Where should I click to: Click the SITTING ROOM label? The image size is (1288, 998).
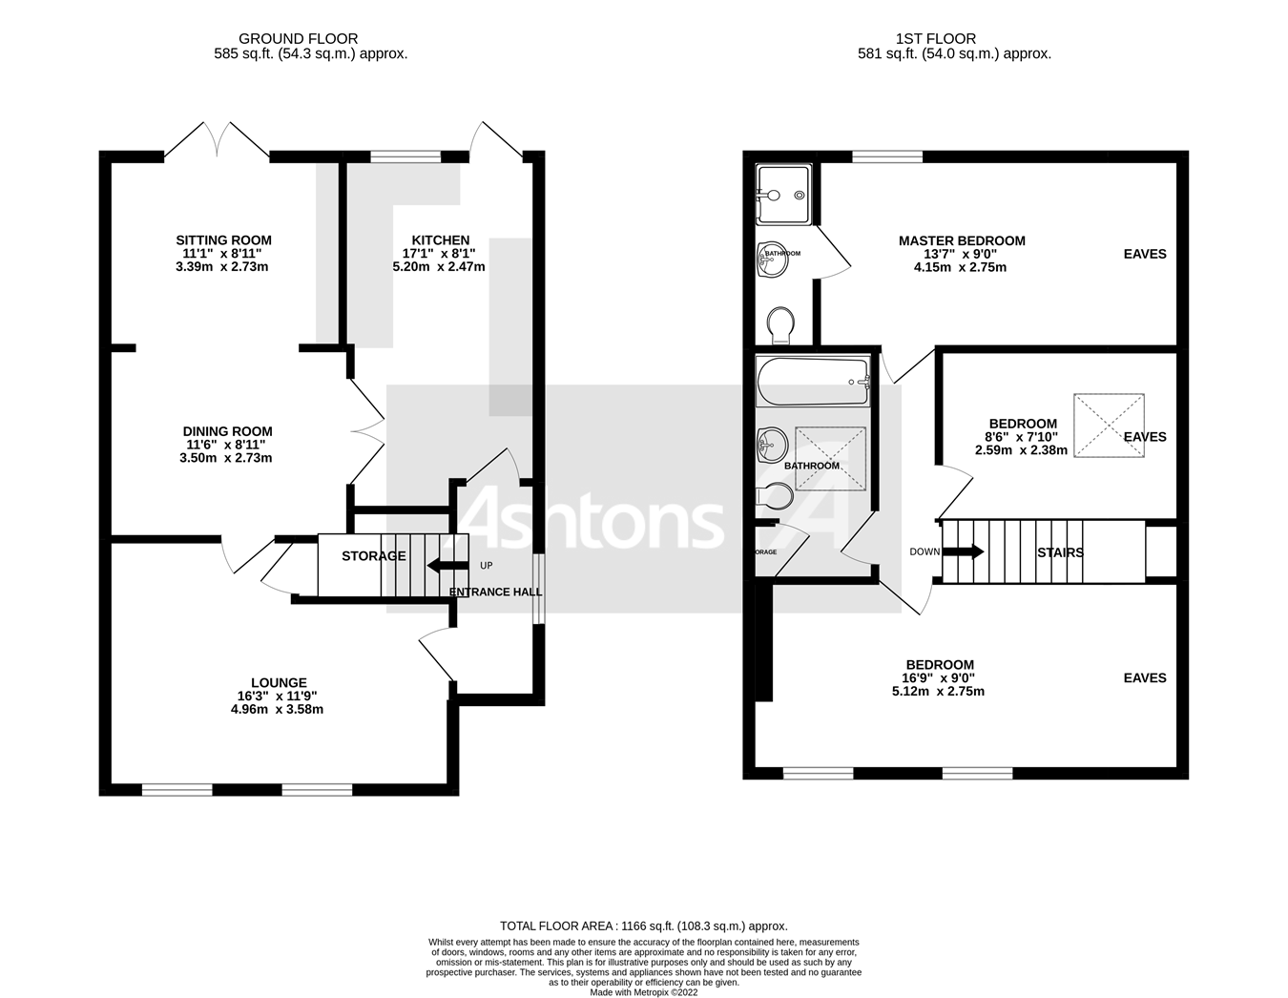(x=223, y=240)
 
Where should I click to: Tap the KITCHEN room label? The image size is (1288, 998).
(x=440, y=240)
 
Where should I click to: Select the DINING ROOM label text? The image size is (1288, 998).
(x=227, y=431)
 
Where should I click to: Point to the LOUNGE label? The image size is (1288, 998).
(x=279, y=682)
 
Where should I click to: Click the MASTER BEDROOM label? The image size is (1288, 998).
(x=961, y=240)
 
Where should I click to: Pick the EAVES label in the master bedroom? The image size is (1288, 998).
(x=1144, y=254)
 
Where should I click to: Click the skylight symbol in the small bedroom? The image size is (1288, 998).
(x=1109, y=426)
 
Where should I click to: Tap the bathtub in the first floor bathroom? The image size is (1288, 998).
(x=812, y=382)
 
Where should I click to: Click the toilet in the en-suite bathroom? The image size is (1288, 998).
(x=781, y=324)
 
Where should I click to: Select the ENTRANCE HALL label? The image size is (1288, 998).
(x=495, y=592)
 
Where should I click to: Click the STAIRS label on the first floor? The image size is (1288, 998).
(x=1060, y=551)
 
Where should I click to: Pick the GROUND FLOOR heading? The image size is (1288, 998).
(x=298, y=39)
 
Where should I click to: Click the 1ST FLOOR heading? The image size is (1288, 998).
(x=935, y=39)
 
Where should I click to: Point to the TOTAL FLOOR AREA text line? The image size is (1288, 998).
(x=643, y=925)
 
